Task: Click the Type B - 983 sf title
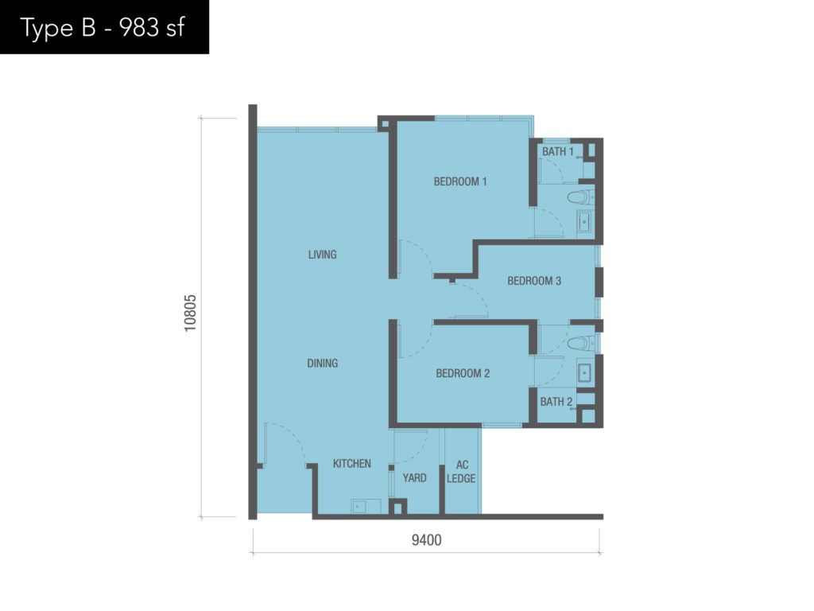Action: [103, 28]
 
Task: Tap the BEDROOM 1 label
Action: [460, 181]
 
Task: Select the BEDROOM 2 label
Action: [463, 373]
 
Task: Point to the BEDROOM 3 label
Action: [534, 281]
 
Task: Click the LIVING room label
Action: [323, 255]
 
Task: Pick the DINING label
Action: [323, 363]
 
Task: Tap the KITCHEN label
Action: [352, 464]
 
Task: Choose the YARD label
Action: [414, 478]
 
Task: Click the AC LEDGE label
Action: [461, 472]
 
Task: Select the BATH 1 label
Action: [557, 152]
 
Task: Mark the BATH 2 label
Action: [556, 402]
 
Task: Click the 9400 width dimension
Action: [426, 540]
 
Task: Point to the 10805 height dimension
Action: [191, 313]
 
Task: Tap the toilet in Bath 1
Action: [580, 197]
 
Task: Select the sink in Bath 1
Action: [584, 223]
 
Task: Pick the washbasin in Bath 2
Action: [584, 373]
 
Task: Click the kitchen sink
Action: [359, 506]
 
